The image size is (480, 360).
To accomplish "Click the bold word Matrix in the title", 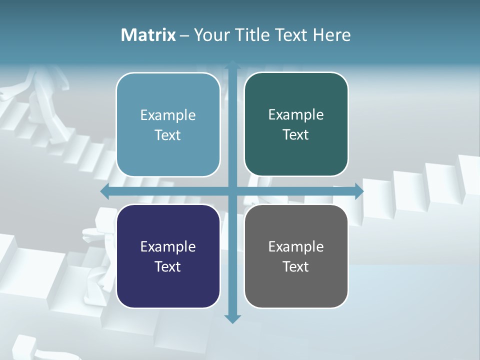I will click(148, 35).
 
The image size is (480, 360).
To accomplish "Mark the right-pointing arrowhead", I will click(358, 191).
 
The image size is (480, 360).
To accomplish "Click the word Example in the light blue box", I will click(168, 115).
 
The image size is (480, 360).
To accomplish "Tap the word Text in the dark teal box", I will click(295, 134).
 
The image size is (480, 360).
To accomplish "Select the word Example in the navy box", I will click(168, 247).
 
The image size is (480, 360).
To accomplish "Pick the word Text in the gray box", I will click(295, 266).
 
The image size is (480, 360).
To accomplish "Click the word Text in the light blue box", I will click(167, 135).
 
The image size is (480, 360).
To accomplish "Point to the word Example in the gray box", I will click(296, 247).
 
